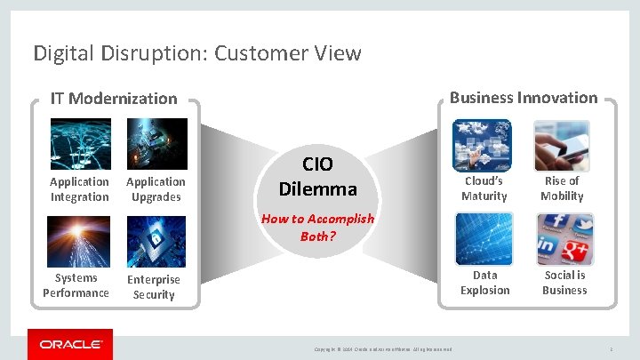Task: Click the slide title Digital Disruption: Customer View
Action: click(x=197, y=53)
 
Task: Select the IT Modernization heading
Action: click(x=114, y=99)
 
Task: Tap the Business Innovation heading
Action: click(x=524, y=98)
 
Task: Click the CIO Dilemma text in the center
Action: click(x=317, y=177)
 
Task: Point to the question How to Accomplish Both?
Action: click(x=317, y=228)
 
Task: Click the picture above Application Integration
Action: click(x=80, y=144)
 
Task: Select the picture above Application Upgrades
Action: click(x=156, y=144)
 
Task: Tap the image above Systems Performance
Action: click(x=80, y=241)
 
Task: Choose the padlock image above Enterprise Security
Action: click(x=156, y=241)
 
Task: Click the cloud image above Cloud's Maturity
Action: click(x=483, y=145)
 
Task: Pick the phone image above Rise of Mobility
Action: click(x=562, y=145)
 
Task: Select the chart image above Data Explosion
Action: click(x=484, y=239)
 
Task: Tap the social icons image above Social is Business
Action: click(x=564, y=239)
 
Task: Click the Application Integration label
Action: click(x=80, y=189)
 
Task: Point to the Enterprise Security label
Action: click(x=154, y=287)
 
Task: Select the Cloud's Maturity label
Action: click(x=484, y=188)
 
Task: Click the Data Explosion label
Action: click(x=485, y=283)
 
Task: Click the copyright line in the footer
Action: click(x=383, y=348)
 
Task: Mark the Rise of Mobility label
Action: click(x=562, y=188)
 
